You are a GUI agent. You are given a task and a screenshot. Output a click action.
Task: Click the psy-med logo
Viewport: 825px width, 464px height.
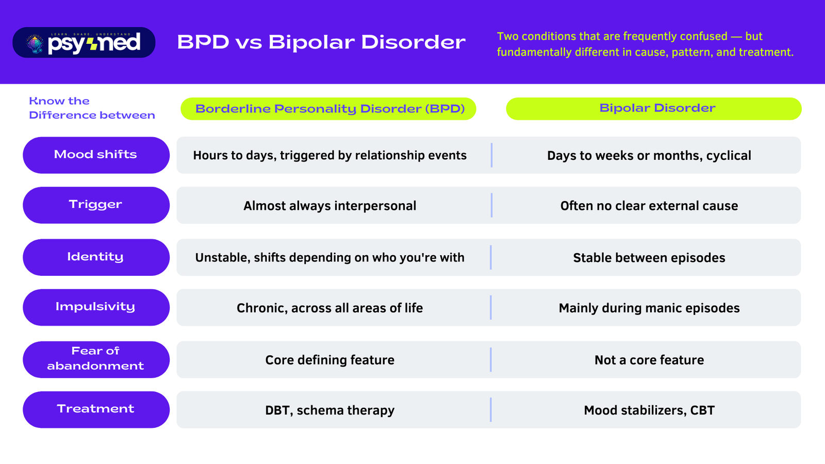[84, 42]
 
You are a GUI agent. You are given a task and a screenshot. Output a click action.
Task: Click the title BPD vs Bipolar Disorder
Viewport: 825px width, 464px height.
[321, 42]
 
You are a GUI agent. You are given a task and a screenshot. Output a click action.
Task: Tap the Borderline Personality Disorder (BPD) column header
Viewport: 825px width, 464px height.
[328, 109]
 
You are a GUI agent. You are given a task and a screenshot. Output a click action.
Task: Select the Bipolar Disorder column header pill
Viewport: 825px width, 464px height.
[654, 109]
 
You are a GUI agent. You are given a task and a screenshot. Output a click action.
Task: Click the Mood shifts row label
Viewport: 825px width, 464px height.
[96, 155]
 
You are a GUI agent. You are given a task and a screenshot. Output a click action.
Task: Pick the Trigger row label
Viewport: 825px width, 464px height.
[96, 205]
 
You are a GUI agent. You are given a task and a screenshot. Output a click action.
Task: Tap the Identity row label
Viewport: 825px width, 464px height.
[96, 257]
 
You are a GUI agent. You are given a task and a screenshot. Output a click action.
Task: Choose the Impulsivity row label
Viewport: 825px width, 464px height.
[96, 307]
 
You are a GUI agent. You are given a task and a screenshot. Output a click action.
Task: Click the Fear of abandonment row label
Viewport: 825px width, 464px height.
[96, 359]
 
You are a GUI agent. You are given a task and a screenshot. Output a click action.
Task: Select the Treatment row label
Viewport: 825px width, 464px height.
[96, 409]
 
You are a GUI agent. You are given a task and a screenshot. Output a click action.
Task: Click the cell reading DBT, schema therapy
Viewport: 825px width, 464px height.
[330, 410]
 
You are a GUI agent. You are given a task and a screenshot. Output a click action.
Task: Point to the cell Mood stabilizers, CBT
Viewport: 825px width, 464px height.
[649, 410]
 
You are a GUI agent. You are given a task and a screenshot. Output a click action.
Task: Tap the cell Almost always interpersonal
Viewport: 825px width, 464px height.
[330, 206]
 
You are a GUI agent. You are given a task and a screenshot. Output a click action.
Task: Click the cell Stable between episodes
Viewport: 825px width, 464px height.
[649, 258]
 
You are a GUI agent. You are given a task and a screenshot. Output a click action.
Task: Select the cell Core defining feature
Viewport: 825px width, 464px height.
[330, 360]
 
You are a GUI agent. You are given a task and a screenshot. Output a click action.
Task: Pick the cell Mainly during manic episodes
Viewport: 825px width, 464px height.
[649, 308]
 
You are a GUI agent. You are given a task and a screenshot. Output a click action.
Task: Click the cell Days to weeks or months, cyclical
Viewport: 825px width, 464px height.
[649, 156]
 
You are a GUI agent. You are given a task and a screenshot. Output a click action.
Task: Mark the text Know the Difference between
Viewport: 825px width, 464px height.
[91, 108]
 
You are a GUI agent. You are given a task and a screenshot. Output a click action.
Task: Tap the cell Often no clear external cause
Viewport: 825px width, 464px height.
[649, 206]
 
